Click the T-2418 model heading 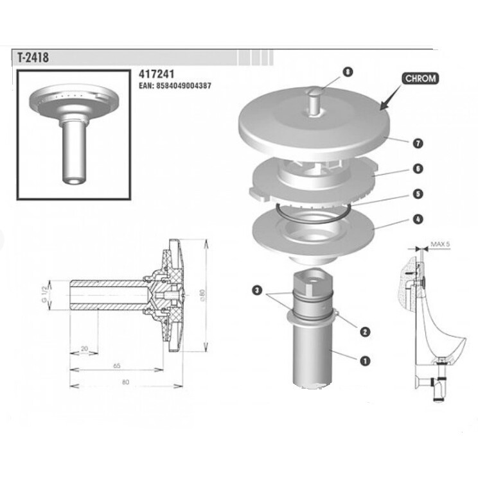33,57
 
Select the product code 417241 156,74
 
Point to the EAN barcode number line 175,86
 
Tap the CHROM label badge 420,79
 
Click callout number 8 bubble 348,72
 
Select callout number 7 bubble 418,143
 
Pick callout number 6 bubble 418,168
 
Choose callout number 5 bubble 418,194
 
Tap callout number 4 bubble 418,219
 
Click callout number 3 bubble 258,290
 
